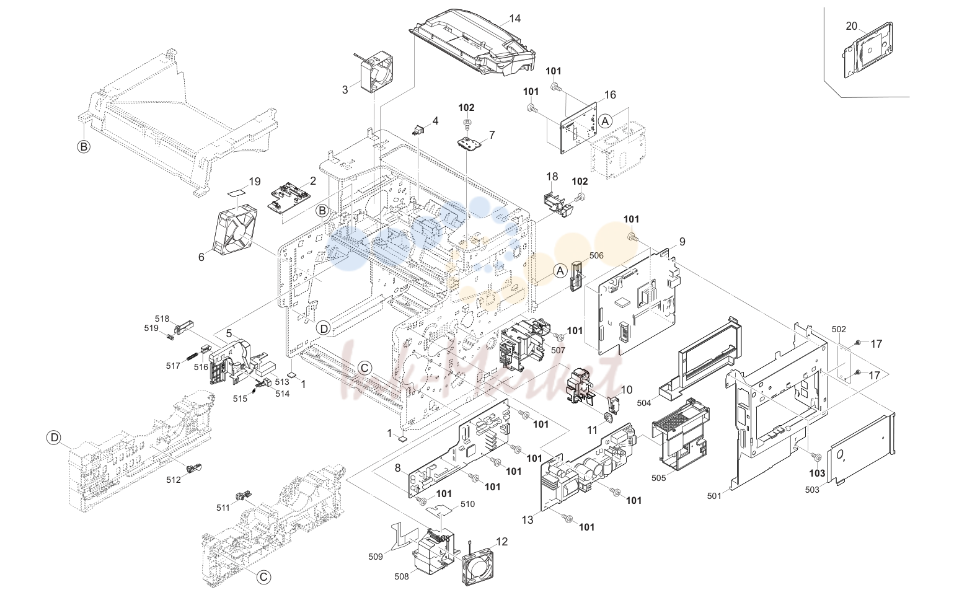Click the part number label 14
(x=514, y=19)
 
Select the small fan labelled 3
(x=376, y=72)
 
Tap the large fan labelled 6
(x=236, y=230)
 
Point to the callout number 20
(x=851, y=26)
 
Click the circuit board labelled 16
(x=578, y=128)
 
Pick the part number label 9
(x=682, y=241)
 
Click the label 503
(x=812, y=490)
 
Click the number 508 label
(x=402, y=576)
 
